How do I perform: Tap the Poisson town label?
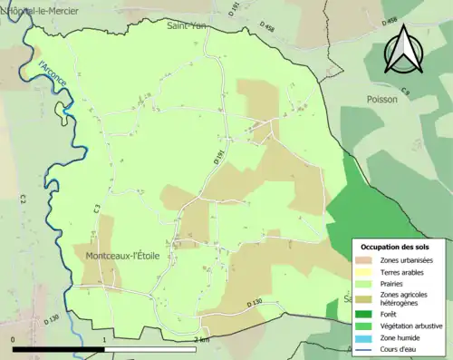click(x=382, y=100)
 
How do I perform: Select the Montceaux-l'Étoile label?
click(x=122, y=257)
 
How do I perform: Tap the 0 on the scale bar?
click(x=14, y=339)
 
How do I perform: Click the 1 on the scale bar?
click(x=105, y=339)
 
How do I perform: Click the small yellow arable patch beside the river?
click(x=61, y=112)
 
